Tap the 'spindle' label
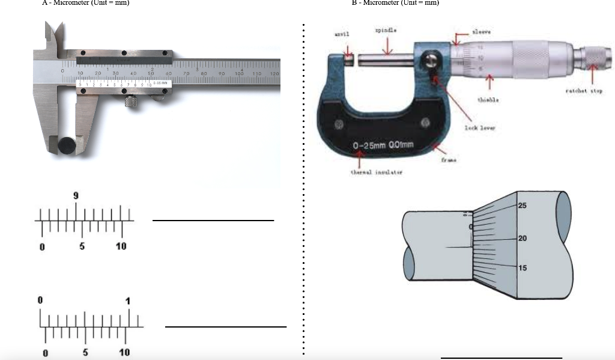tap(385, 29)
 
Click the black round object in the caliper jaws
tap(67, 144)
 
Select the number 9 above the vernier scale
tap(76, 196)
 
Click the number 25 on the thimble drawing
tap(521, 206)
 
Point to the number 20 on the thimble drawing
tap(521, 239)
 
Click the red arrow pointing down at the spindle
tap(387, 46)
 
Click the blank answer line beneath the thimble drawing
tap(501, 358)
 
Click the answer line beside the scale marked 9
tap(213, 221)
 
